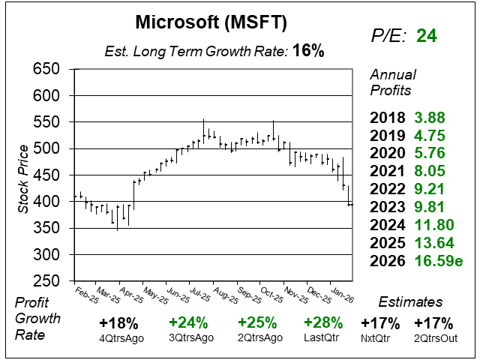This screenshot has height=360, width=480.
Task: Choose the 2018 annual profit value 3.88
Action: pyautogui.click(x=430, y=118)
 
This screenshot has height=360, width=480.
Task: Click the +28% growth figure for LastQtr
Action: pyautogui.click(x=323, y=323)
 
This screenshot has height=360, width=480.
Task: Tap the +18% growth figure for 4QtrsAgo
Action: pyautogui.click(x=118, y=323)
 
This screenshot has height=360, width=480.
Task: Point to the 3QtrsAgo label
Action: pyautogui.click(x=187, y=337)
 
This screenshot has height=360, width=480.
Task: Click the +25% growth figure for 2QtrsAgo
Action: pyautogui.click(x=255, y=323)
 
